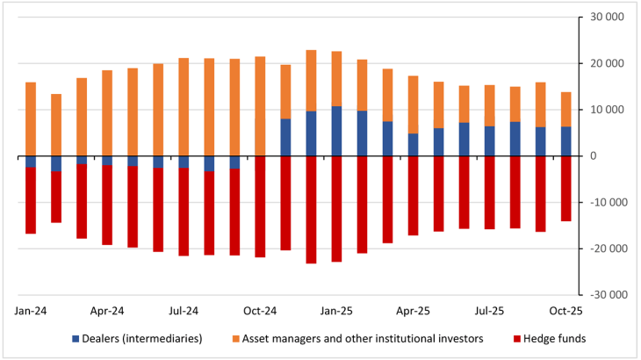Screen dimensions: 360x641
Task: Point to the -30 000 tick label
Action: tap(608, 295)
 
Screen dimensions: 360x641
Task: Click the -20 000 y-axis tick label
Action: tap(608, 248)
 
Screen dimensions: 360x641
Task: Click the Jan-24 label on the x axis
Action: tap(31, 311)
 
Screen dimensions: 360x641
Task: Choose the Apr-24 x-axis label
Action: tap(107, 311)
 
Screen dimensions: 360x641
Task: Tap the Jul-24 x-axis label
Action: tap(184, 311)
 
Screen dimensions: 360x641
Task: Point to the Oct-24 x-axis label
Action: tap(260, 311)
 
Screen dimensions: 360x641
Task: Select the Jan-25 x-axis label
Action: tap(336, 311)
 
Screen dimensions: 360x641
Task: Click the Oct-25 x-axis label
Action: tap(565, 311)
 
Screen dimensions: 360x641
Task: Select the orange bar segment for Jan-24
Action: tap(31, 119)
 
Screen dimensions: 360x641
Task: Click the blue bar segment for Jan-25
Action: tap(336, 132)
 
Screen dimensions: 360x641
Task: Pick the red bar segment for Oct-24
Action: tap(260, 206)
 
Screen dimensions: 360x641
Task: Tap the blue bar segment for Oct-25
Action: tap(565, 141)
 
